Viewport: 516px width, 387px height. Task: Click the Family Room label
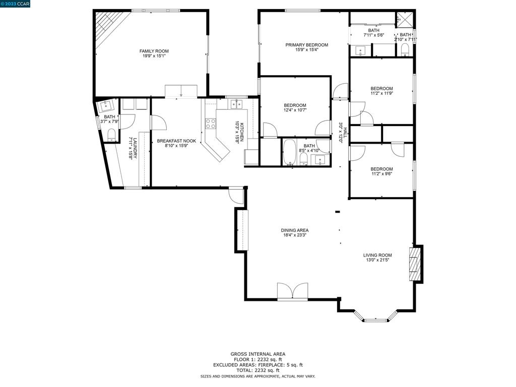point(154,51)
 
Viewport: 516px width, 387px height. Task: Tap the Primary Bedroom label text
point(306,45)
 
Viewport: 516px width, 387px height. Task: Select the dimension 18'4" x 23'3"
point(295,235)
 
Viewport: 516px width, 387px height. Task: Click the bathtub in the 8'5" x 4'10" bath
point(289,152)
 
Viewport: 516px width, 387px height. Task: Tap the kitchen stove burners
point(210,123)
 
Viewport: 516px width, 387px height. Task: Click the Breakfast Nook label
point(176,141)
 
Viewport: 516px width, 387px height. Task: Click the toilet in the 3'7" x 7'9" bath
point(111,135)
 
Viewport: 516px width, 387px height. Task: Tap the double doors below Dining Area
point(292,292)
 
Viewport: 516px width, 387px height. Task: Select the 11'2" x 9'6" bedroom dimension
point(381,174)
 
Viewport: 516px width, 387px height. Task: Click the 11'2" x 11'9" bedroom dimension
point(381,93)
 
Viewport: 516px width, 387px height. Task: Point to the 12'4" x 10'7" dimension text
point(295,110)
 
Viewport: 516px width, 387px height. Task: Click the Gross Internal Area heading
point(257,354)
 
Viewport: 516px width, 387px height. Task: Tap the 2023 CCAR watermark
point(16,4)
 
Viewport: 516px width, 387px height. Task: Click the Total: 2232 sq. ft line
point(257,370)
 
